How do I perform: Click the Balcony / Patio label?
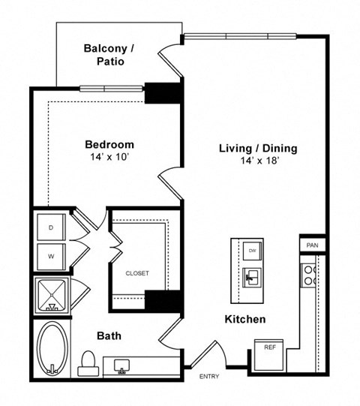tap(109, 55)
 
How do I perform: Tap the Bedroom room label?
tap(109, 145)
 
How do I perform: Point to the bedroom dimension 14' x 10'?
tap(109, 158)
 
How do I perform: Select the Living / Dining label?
tap(257, 149)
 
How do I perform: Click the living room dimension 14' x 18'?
tap(257, 161)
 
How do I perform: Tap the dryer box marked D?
tap(51, 227)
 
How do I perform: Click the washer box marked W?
tap(51, 256)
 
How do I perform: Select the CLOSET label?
tap(136, 273)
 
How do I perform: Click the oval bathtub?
tap(52, 349)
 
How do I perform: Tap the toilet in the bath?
tap(88, 362)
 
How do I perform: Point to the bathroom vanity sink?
tap(121, 366)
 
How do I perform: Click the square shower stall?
tap(52, 295)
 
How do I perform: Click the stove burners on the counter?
tap(308, 275)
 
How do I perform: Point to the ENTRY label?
tap(209, 377)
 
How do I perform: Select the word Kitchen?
tap(245, 320)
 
